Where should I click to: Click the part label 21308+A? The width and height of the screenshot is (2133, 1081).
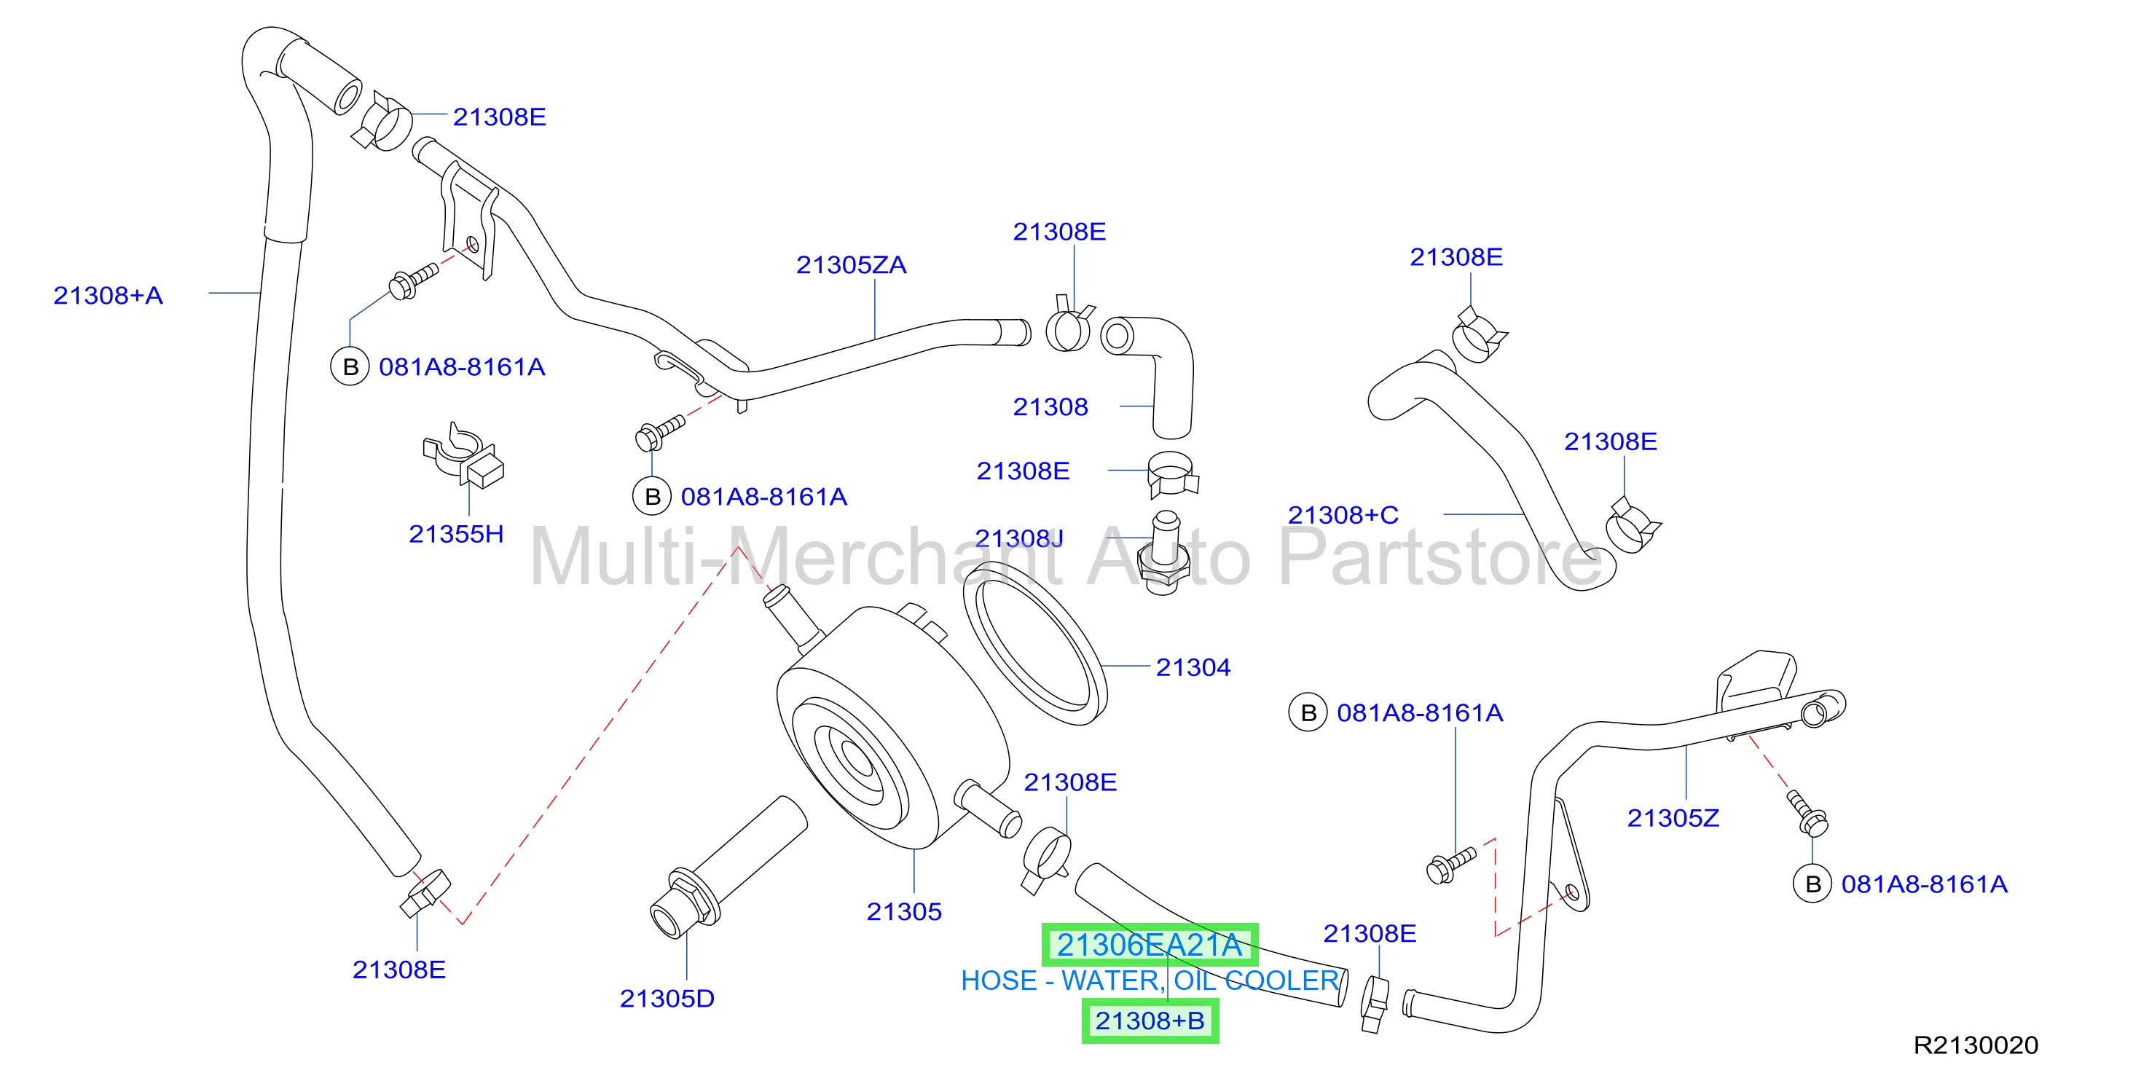coord(108,296)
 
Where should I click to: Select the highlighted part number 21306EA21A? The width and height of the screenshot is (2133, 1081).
coord(1150,945)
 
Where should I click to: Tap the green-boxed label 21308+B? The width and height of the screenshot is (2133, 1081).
coord(1150,1021)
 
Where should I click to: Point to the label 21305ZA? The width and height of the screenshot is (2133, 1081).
coord(851,265)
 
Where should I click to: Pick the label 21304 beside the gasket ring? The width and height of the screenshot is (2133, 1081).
coord(1193,667)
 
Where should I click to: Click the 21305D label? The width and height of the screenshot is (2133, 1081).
coord(667,998)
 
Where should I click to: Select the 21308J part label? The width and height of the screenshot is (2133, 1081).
coord(1019,538)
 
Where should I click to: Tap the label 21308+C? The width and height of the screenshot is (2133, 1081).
coord(1343,515)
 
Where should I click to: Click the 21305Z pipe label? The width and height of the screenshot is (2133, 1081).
coord(1673,818)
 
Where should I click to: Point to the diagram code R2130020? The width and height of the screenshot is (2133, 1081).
coord(1976,1045)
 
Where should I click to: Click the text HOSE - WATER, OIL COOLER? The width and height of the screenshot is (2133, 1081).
coord(1150,981)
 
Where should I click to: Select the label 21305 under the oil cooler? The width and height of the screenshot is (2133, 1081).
coord(904,911)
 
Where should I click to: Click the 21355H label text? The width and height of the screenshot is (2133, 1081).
coord(456,534)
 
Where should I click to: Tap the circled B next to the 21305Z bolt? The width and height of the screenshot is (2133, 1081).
coord(1812,884)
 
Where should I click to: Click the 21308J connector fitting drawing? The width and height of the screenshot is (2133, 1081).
coord(1164,551)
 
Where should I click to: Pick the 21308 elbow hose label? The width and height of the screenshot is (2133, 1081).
coord(1050,406)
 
